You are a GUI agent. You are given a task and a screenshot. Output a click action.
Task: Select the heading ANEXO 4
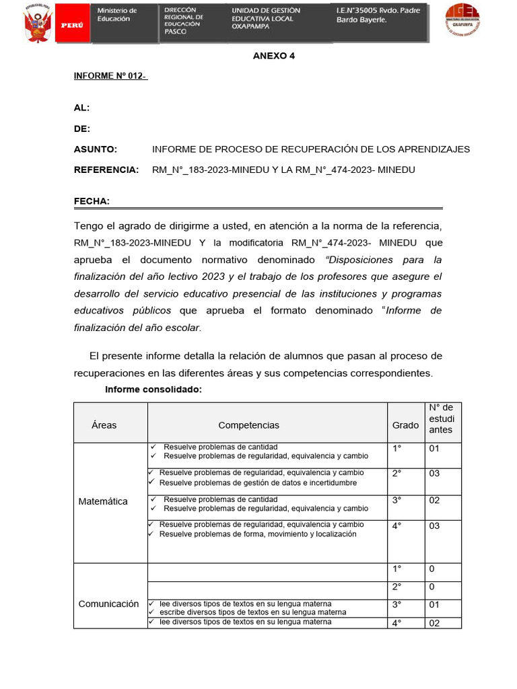[274, 56]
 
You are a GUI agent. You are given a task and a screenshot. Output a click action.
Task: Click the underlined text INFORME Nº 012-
[110, 76]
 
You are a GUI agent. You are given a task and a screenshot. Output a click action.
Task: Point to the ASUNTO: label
[95, 149]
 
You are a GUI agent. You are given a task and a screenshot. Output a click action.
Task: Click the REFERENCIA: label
[106, 170]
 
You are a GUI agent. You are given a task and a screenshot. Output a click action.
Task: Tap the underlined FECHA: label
[92, 201]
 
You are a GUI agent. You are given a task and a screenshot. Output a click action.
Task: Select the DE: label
[81, 129]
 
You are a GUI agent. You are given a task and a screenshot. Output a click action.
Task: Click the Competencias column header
[248, 425]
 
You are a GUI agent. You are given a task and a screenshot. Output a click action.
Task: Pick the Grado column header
[405, 425]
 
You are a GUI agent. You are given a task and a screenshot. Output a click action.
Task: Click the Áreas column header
[104, 425]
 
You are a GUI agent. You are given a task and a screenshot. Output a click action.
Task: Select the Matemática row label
[103, 501]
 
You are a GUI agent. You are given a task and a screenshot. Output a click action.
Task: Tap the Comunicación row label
[108, 604]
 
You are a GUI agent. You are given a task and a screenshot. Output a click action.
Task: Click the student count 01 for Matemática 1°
[434, 448]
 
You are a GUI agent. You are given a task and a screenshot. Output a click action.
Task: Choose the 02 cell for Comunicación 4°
[434, 623]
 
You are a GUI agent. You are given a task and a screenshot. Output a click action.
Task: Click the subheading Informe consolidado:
[153, 390]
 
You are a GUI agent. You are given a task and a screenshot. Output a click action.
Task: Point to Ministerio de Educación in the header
[117, 15]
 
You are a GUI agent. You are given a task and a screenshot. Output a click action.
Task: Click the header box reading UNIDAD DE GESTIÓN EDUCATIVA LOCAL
[266, 19]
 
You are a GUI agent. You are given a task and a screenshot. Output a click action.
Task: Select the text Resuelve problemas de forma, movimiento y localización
[258, 534]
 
